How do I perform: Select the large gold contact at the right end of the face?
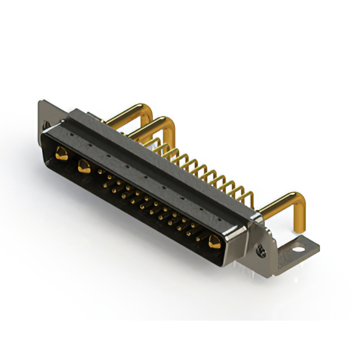214,243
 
